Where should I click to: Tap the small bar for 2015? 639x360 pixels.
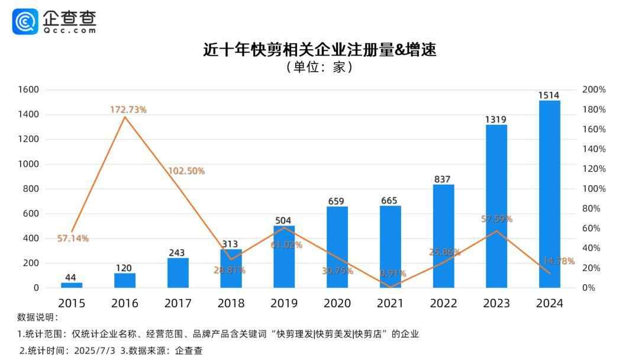tap(72, 285)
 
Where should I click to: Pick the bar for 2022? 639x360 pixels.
tap(443, 236)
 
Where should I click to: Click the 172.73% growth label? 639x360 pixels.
tap(128, 110)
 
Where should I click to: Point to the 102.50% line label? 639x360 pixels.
tap(186, 171)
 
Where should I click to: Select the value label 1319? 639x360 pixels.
tap(496, 119)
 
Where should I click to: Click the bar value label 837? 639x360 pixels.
tap(443, 179)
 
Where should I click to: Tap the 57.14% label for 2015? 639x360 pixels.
tap(73, 239)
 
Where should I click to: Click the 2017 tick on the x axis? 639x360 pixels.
tap(178, 303)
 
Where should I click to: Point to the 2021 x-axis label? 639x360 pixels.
tap(390, 303)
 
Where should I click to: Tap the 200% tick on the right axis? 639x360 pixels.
tap(594, 89)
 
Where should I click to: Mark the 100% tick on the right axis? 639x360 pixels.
tap(594, 189)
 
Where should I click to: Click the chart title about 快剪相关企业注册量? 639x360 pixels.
tap(319, 49)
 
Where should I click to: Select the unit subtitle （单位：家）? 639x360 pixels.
tap(319, 67)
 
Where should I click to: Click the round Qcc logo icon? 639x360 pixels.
tap(25, 22)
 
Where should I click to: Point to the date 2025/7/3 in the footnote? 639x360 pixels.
tap(95, 350)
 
